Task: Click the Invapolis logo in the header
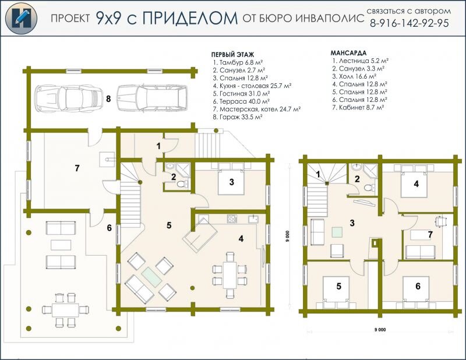[21, 18]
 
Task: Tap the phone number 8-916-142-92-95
[409, 23]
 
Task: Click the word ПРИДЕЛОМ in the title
[190, 18]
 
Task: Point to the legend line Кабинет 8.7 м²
[358, 107]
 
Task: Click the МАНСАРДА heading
[348, 53]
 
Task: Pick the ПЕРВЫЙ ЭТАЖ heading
[232, 55]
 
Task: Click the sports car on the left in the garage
[68, 98]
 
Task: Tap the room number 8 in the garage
[108, 98]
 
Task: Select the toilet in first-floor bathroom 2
[182, 184]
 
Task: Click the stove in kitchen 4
[232, 219]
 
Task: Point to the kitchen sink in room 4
[253, 219]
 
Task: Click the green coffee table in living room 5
[151, 277]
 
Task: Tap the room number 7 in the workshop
[77, 168]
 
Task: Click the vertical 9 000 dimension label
[287, 237]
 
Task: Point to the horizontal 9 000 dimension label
[380, 329]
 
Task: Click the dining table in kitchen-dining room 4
[230, 275]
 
